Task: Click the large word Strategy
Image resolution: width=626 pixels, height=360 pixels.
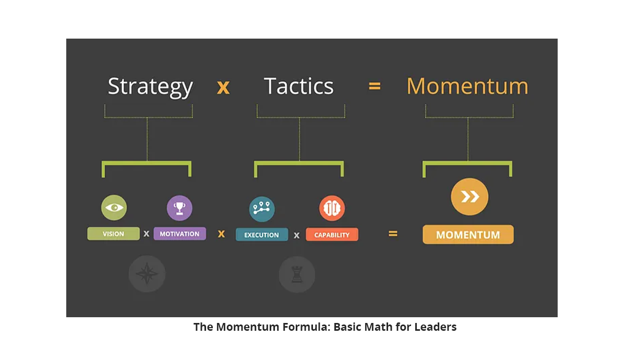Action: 150,87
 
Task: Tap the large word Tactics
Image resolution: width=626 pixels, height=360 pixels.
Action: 299,86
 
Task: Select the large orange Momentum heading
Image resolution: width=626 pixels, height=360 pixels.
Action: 467,86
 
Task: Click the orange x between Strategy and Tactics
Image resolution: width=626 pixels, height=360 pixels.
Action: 223,88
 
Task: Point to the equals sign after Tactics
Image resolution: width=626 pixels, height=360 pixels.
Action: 375,86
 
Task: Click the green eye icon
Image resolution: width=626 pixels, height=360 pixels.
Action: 114,208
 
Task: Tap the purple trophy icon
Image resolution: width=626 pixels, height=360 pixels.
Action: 179,208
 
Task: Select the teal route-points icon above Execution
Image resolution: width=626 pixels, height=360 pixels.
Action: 262,209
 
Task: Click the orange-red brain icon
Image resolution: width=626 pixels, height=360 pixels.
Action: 332,208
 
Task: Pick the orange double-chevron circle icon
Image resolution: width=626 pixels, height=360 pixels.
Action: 469,197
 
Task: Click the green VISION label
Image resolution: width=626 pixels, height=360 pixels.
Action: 114,234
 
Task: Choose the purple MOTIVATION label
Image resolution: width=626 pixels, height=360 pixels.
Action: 179,234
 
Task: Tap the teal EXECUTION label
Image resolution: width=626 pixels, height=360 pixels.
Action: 262,234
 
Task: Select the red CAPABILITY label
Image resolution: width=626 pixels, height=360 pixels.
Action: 332,234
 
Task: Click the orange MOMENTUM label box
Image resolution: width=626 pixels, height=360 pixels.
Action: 468,234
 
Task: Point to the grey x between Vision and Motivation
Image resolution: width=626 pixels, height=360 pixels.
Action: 147,234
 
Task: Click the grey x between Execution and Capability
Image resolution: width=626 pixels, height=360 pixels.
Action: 296,236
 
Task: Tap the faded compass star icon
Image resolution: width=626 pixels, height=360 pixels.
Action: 147,273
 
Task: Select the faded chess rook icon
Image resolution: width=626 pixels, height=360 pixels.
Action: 297,274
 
